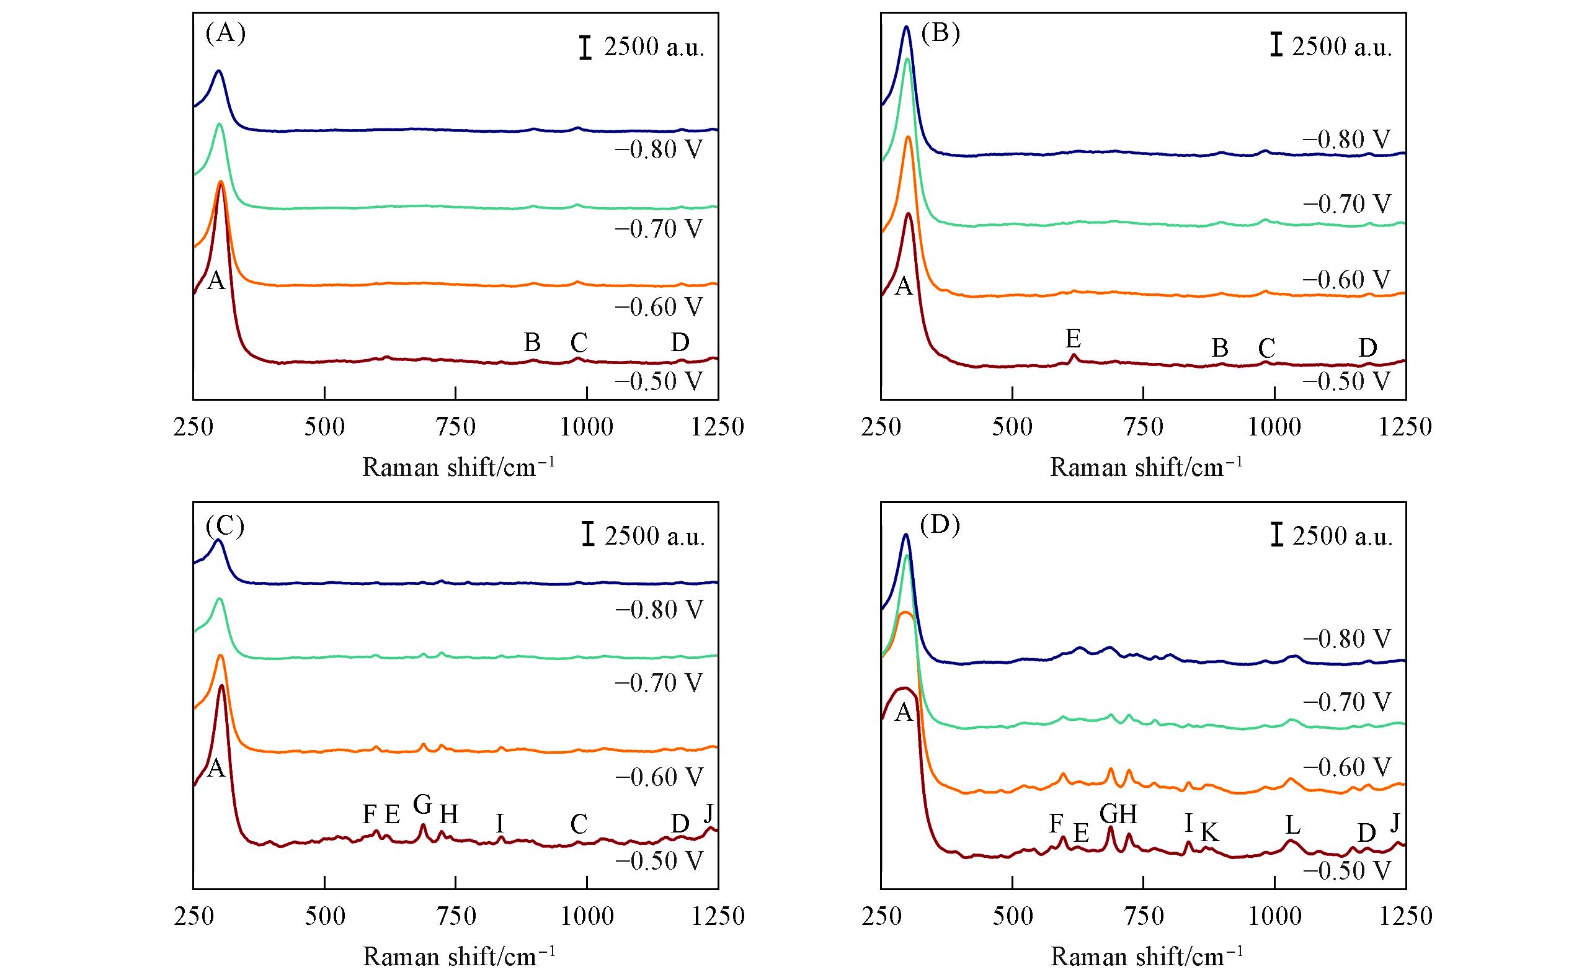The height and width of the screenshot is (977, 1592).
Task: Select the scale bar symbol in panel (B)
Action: [1276, 45]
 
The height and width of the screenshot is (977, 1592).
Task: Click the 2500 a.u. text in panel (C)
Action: [654, 537]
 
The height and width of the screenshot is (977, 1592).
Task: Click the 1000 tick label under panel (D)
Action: [1274, 916]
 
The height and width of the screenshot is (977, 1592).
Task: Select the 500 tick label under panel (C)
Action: [325, 916]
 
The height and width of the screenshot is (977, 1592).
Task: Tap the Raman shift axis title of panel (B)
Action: [1146, 466]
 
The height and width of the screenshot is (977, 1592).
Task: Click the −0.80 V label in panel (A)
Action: [659, 150]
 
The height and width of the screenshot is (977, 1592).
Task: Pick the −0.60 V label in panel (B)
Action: [1346, 279]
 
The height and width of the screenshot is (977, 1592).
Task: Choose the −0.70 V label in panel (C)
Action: [659, 682]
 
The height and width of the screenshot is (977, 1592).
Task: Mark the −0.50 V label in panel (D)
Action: [1346, 871]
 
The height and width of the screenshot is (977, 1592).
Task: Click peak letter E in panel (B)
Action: [1073, 338]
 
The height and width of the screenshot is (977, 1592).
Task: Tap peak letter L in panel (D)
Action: [1292, 825]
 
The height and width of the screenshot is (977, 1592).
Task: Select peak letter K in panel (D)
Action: [1209, 832]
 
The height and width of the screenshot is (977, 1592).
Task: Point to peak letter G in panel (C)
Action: [422, 805]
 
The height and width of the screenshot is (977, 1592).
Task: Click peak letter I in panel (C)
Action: [499, 824]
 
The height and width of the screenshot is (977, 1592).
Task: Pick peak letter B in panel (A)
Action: [531, 342]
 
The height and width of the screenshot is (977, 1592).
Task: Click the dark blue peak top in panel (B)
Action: [907, 27]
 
